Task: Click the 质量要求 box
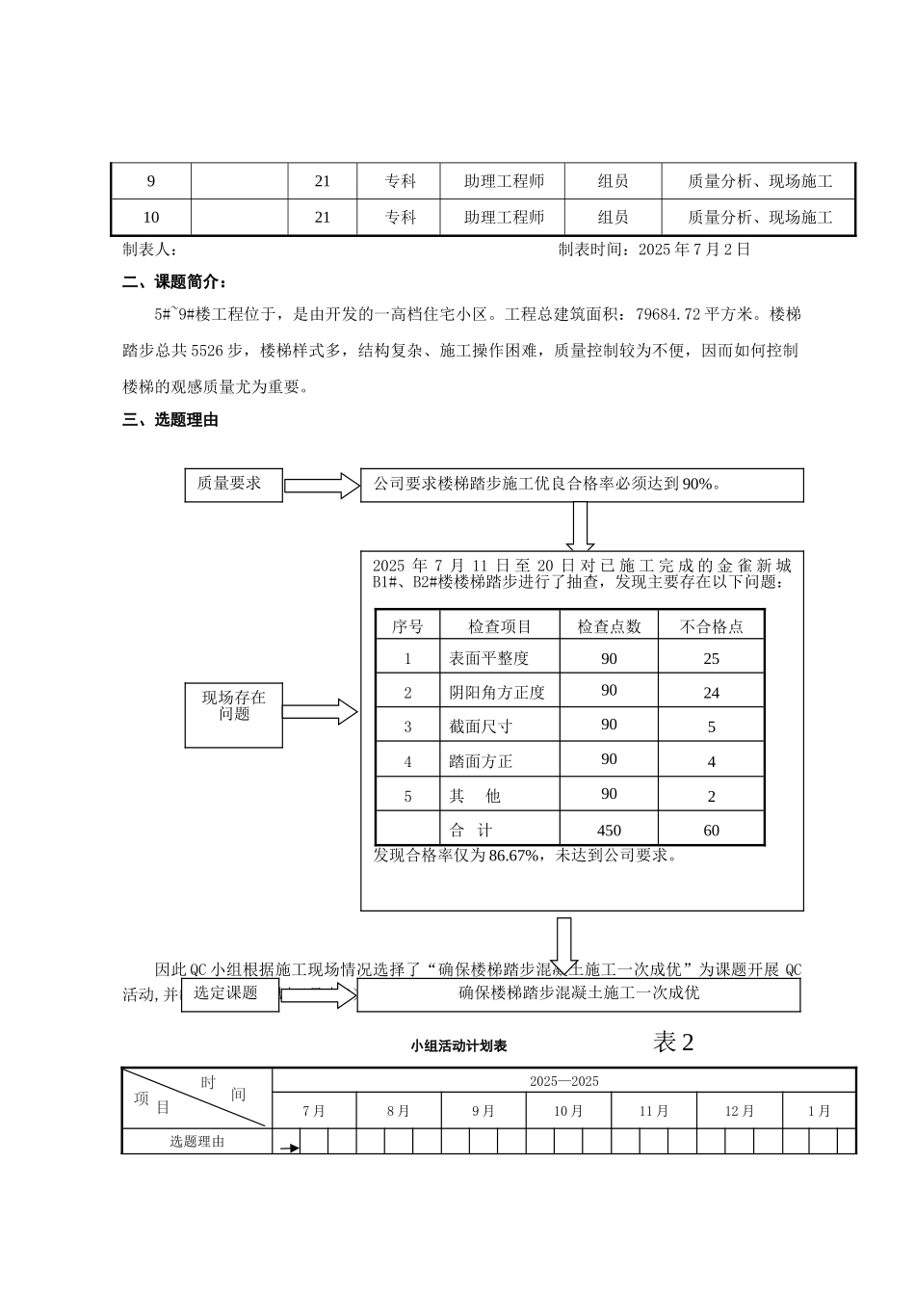233,485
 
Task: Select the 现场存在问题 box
233,713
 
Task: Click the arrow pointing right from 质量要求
322,486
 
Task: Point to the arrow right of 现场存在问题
320,712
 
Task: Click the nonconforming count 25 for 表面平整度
711,659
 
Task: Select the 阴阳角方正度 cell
499,692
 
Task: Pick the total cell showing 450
609,831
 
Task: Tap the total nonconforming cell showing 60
711,831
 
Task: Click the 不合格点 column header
711,626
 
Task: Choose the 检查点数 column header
609,626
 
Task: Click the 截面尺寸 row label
482,727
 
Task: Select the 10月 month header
568,1111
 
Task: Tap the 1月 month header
820,1111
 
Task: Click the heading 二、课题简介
175,282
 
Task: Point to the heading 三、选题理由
170,420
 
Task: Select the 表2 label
673,1042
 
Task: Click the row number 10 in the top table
151,218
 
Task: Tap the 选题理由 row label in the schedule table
196,1142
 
